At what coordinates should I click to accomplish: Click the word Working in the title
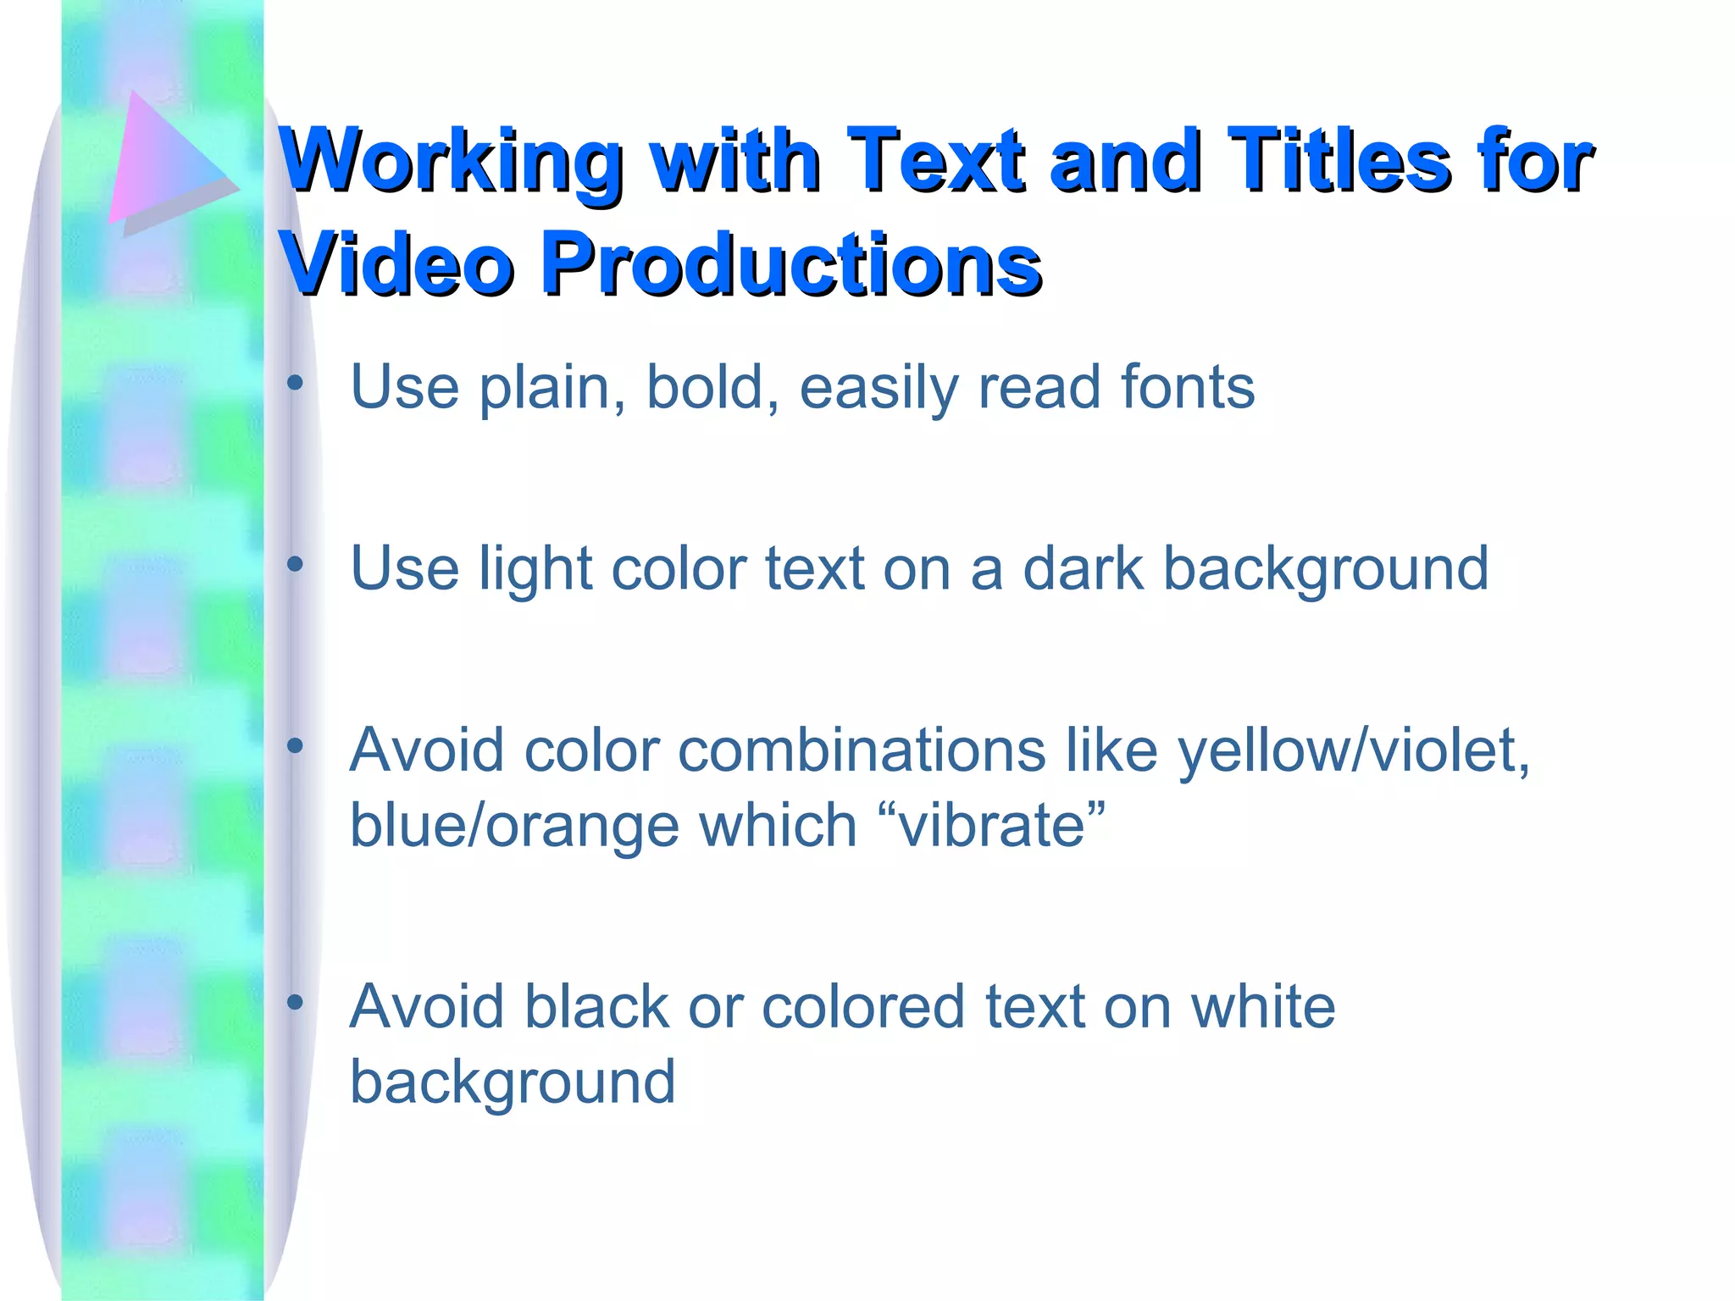click(451, 161)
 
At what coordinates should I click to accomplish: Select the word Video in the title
click(398, 264)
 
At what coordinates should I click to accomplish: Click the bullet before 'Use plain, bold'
click(295, 383)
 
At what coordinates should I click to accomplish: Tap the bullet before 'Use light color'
click(295, 564)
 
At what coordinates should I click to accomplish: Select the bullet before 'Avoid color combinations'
click(295, 746)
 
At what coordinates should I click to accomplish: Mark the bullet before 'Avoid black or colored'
click(295, 1003)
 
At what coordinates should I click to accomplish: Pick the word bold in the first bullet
click(704, 387)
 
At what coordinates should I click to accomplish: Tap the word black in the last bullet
click(596, 1007)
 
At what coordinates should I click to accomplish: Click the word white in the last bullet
click(1262, 1007)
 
